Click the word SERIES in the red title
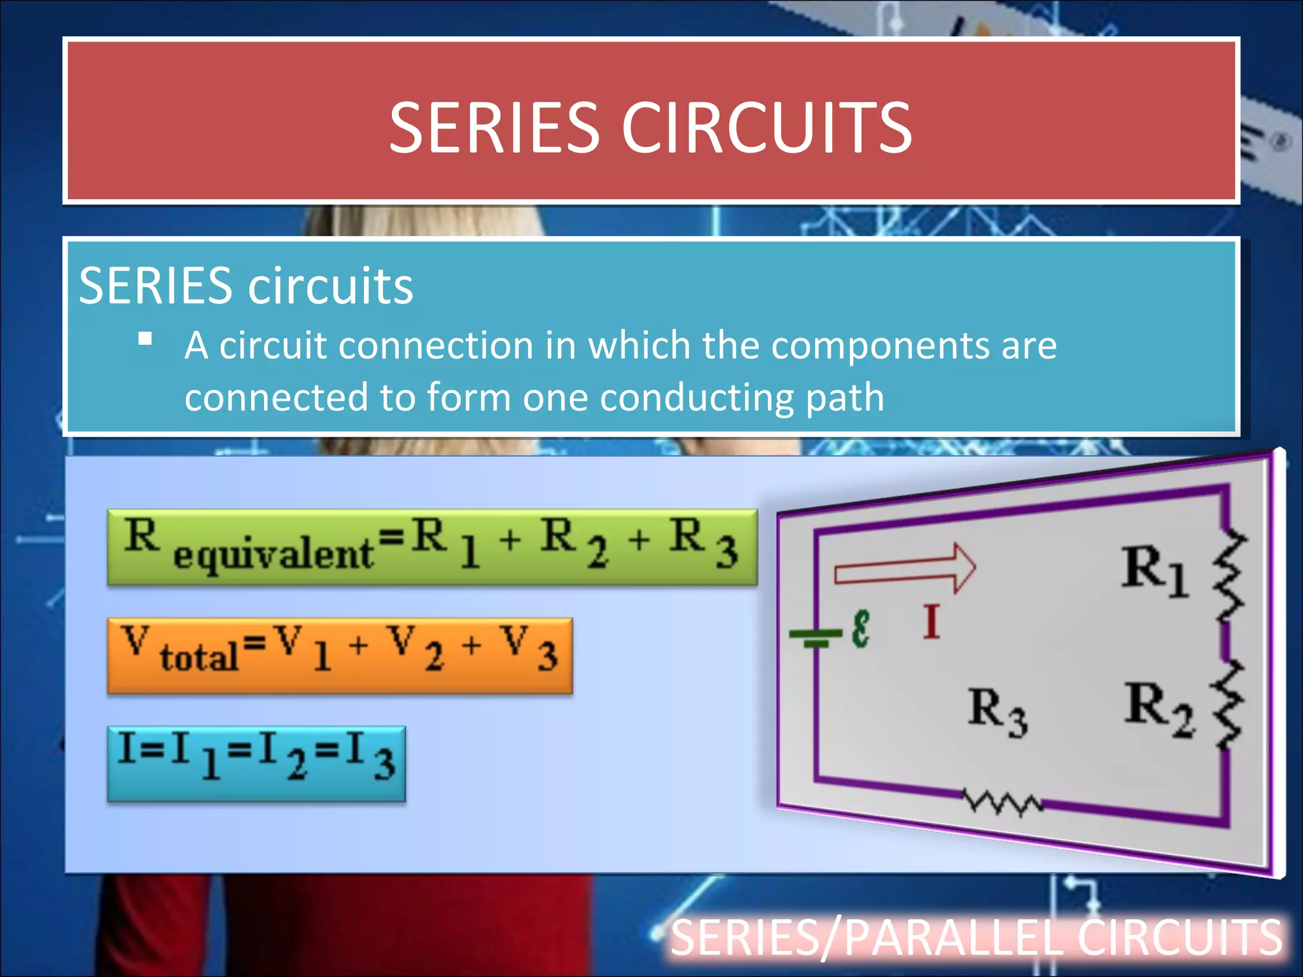(x=494, y=128)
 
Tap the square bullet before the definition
(x=145, y=338)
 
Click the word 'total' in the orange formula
(x=199, y=656)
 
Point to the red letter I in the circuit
(x=931, y=622)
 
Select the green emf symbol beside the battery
(x=860, y=629)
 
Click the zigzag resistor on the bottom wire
(x=1001, y=803)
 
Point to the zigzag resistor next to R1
(x=1229, y=579)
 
